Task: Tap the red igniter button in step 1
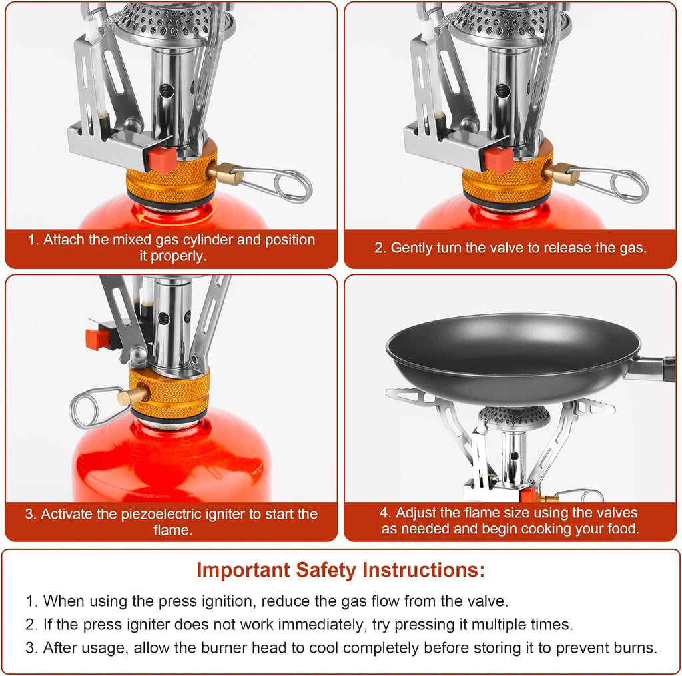point(163,159)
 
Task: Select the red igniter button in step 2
point(498,159)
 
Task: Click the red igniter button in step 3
point(98,339)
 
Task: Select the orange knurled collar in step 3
point(170,394)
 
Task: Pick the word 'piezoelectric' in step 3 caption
point(161,514)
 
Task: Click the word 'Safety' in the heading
point(324,570)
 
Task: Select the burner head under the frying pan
point(513,418)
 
